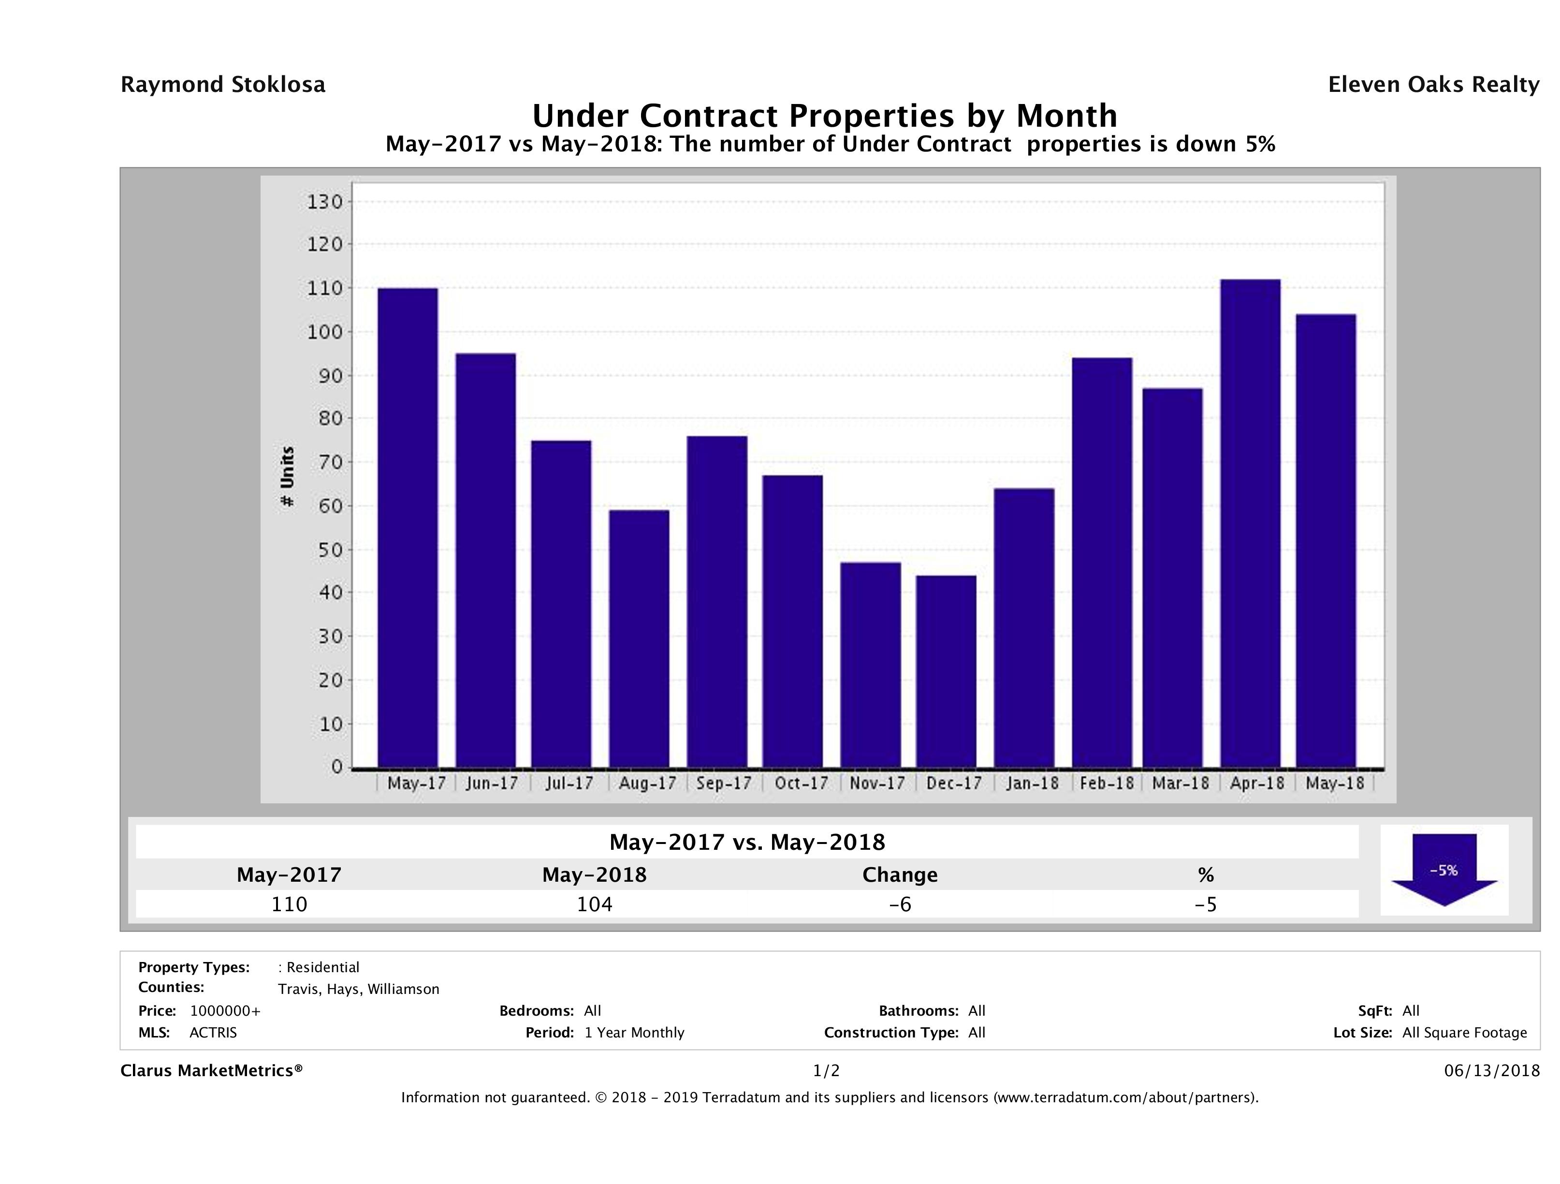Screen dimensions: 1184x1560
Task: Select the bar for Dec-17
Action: coord(947,671)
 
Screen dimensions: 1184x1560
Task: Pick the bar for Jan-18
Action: coord(1024,628)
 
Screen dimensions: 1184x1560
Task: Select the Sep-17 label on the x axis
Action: coord(724,783)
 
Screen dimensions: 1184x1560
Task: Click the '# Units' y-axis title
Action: coord(287,476)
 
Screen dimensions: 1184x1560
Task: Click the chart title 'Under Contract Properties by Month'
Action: coord(824,116)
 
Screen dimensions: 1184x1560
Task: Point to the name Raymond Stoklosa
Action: coord(223,85)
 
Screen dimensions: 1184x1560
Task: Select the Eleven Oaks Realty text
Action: coord(1433,85)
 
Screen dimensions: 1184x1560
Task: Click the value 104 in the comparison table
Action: coord(595,904)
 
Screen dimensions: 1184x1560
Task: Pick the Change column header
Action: coord(900,875)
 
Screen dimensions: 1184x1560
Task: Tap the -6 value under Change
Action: coord(900,904)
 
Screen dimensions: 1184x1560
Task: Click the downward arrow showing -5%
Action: coord(1443,870)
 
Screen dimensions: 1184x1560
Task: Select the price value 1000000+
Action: coord(225,1011)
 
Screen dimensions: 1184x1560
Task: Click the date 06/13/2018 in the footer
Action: coord(1491,1071)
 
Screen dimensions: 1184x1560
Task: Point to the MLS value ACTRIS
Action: coord(213,1033)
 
